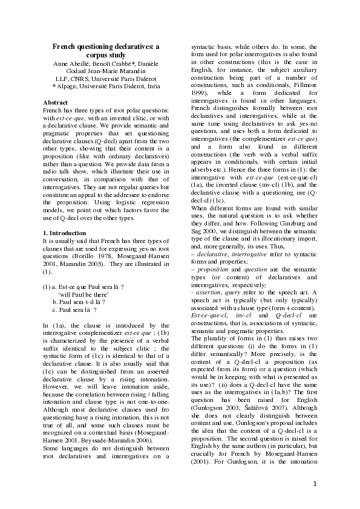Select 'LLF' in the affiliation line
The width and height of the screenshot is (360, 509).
63,78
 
